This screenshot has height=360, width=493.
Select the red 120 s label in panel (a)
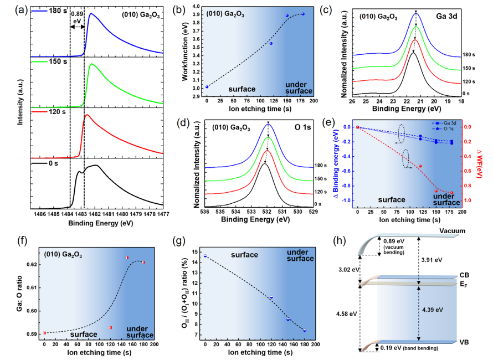tap(55, 112)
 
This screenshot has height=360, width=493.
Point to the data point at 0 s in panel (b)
tap(207, 86)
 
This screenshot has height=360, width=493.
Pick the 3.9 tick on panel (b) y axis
tap(194, 15)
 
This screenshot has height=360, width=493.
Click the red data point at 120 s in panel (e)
tap(420, 166)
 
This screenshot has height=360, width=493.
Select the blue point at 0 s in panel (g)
tap(205, 256)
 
